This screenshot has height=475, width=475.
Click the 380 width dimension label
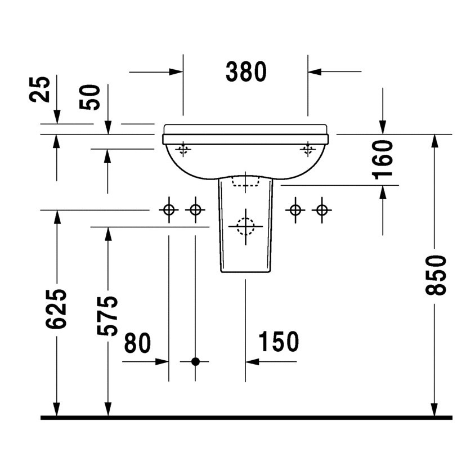pos(245,71)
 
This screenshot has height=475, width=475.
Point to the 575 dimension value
pos(107,315)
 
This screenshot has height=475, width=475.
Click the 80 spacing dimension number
pos(138,343)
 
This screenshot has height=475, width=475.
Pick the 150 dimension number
pos(278,342)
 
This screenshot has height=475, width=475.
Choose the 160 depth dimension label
pos(383,159)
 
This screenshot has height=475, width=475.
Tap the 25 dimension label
pos(41,89)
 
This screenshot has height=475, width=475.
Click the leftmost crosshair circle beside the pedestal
pos(168,210)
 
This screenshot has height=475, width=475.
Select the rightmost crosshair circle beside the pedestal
pos(321,210)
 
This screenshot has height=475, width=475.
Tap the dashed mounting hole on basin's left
pos(182,149)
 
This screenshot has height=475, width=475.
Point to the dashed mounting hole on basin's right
pos(307,149)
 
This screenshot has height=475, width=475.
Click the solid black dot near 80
pos(195,361)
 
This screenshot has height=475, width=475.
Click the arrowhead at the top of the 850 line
pos(434,140)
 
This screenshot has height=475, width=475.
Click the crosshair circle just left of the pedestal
pos(195,210)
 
